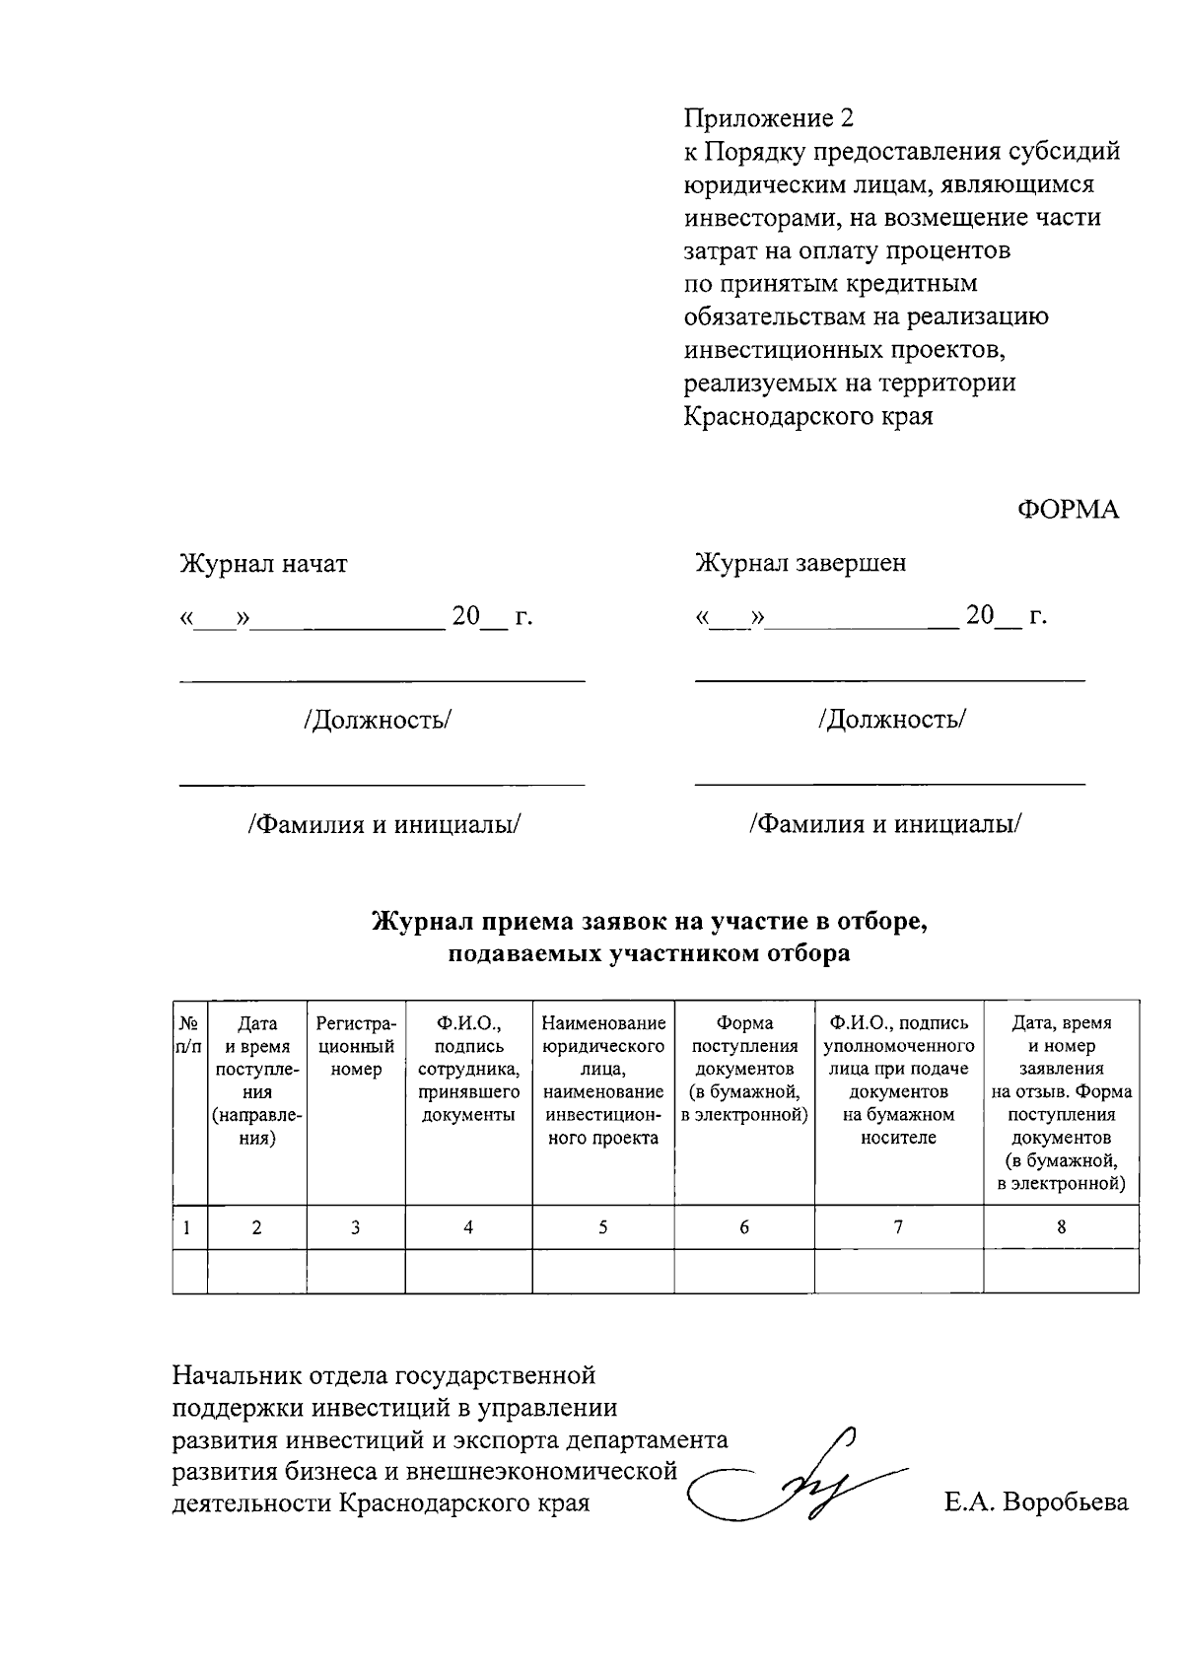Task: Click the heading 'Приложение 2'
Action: click(769, 119)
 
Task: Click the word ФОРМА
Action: click(1068, 511)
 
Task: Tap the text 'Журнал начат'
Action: click(263, 564)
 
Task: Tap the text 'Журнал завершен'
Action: click(800, 563)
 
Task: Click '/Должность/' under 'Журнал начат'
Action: click(379, 720)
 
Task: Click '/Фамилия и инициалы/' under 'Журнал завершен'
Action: click(885, 823)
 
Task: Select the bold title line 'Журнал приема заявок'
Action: click(651, 923)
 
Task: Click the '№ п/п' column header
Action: click(189, 1035)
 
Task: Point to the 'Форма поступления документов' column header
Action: click(744, 1070)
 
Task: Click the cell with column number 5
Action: click(603, 1227)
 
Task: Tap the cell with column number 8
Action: click(1061, 1227)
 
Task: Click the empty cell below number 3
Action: click(356, 1272)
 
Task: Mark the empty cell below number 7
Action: click(898, 1272)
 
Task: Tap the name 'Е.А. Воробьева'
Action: click(1035, 1503)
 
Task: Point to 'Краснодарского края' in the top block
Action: click(808, 416)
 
